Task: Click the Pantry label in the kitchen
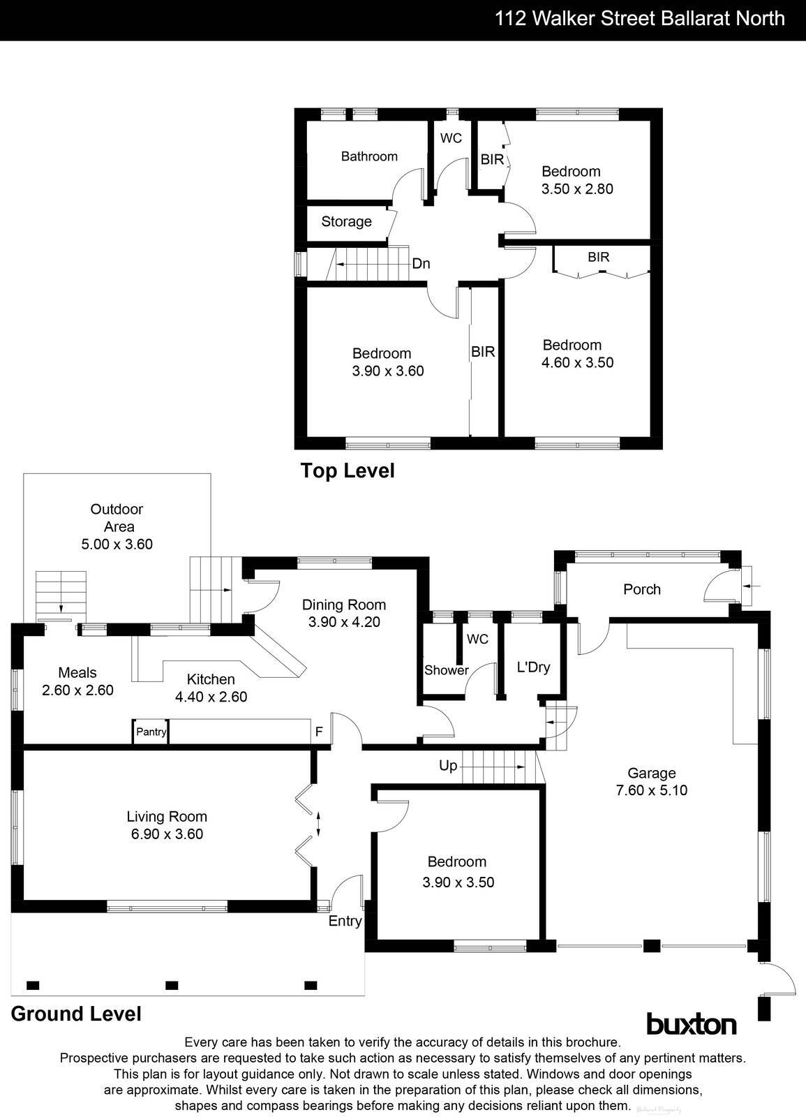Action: (151, 732)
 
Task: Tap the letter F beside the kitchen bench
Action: (319, 732)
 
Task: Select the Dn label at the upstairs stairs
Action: (421, 264)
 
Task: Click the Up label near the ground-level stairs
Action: (448, 766)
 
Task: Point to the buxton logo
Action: (691, 1024)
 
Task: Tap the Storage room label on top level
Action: (346, 221)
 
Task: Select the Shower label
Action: (447, 670)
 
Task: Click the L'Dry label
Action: (533, 667)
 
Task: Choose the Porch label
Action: (641, 589)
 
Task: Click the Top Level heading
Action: (347, 471)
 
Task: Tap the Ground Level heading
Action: (76, 1014)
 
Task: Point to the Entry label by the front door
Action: (345, 921)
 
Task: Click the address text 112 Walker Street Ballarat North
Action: (640, 18)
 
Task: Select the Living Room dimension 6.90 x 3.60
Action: (165, 834)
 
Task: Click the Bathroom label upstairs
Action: (369, 156)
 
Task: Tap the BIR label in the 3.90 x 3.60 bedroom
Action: (483, 352)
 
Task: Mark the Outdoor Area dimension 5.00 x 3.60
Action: (117, 544)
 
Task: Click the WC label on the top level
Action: (451, 138)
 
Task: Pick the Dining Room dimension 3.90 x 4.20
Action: (344, 622)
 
